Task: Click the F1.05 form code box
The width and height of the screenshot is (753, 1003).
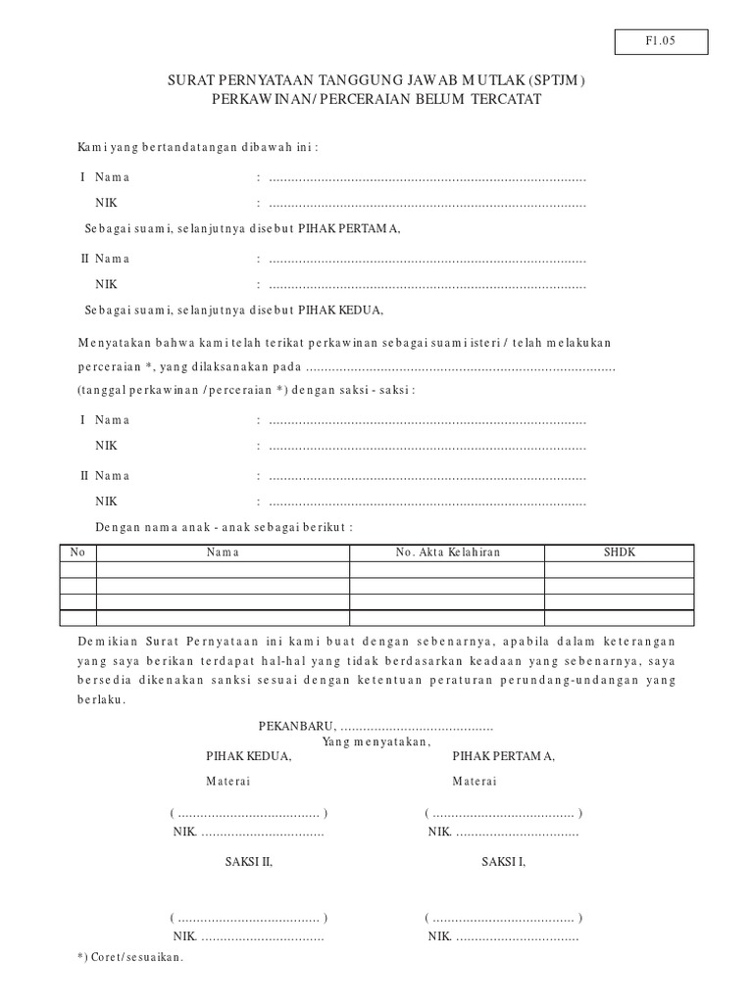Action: click(x=662, y=42)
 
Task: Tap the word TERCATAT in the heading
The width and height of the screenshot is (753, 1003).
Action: click(x=507, y=101)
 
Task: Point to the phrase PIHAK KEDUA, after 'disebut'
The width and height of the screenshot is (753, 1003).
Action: click(x=344, y=310)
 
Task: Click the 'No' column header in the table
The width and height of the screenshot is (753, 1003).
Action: click(x=78, y=552)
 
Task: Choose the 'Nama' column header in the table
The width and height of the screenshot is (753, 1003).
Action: click(x=223, y=552)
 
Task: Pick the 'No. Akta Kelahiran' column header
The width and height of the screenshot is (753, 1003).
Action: click(x=447, y=552)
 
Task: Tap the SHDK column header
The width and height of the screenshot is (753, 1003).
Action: click(x=620, y=552)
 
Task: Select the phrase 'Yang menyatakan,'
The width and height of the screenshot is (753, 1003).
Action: click(x=376, y=742)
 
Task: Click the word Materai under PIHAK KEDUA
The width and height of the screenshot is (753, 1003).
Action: click(x=227, y=781)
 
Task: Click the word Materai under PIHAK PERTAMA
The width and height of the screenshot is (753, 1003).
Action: click(x=474, y=781)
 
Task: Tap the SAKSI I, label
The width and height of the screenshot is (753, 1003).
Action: click(x=503, y=862)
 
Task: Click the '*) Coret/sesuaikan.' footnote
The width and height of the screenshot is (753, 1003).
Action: click(x=129, y=957)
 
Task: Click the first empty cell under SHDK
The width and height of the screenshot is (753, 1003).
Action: click(x=620, y=569)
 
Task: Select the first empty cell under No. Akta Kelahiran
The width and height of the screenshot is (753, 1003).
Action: click(x=447, y=569)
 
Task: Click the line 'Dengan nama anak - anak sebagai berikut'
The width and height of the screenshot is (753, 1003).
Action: click(x=225, y=526)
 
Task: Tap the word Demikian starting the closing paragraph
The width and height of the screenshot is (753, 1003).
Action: click(x=104, y=640)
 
